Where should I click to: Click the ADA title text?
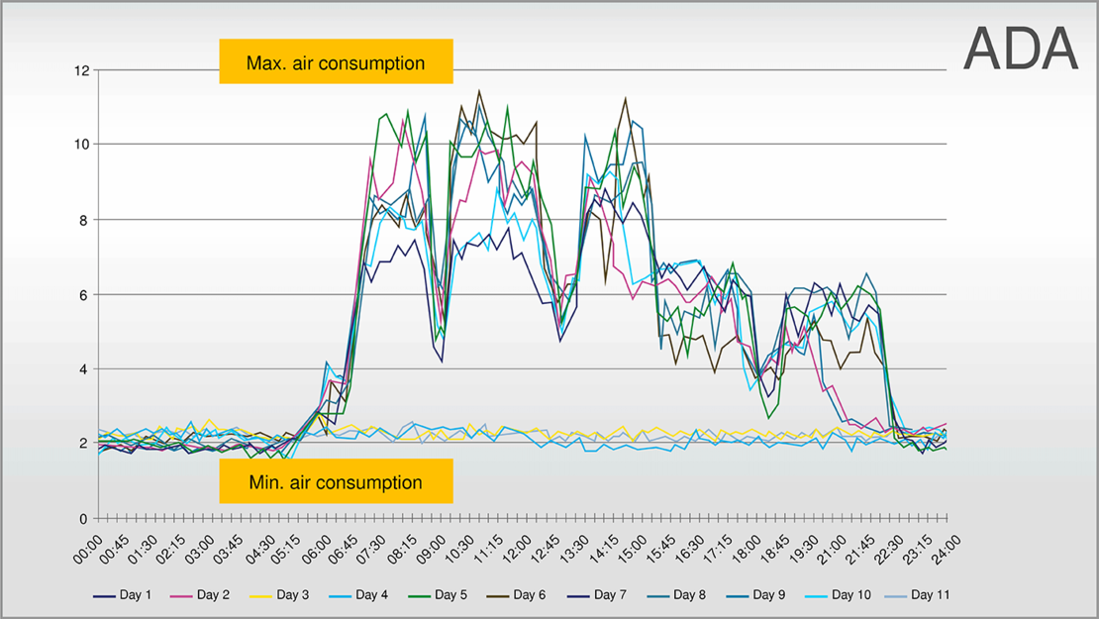tap(1020, 48)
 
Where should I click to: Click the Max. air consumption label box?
tap(336, 63)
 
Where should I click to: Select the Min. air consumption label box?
tap(336, 482)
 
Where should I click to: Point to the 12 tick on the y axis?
tap(81, 70)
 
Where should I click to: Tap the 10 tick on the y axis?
tap(81, 145)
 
